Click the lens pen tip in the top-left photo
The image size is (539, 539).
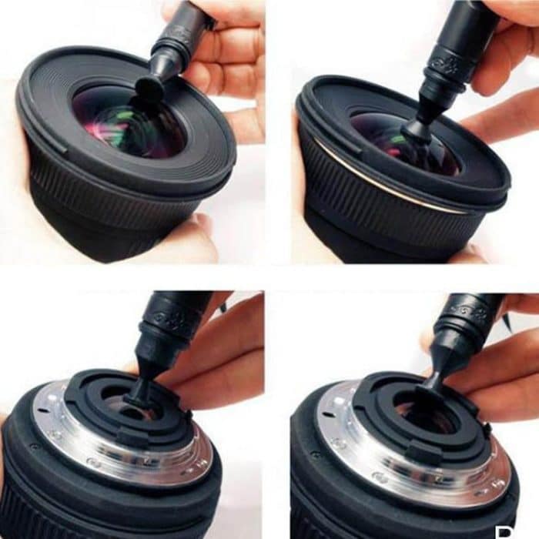pyautogui.click(x=149, y=88)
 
